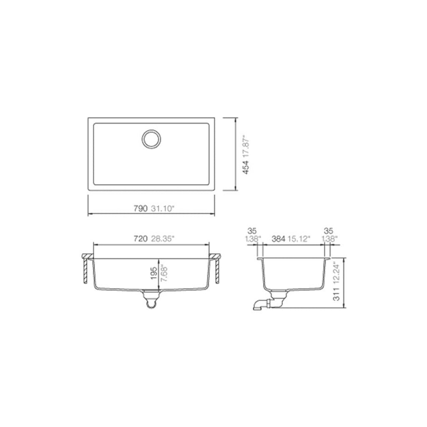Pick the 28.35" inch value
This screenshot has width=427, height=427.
[x=162, y=239]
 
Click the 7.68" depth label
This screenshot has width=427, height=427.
[x=164, y=273]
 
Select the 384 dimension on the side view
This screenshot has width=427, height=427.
[x=279, y=239]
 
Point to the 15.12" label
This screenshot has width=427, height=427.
[x=298, y=239]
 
